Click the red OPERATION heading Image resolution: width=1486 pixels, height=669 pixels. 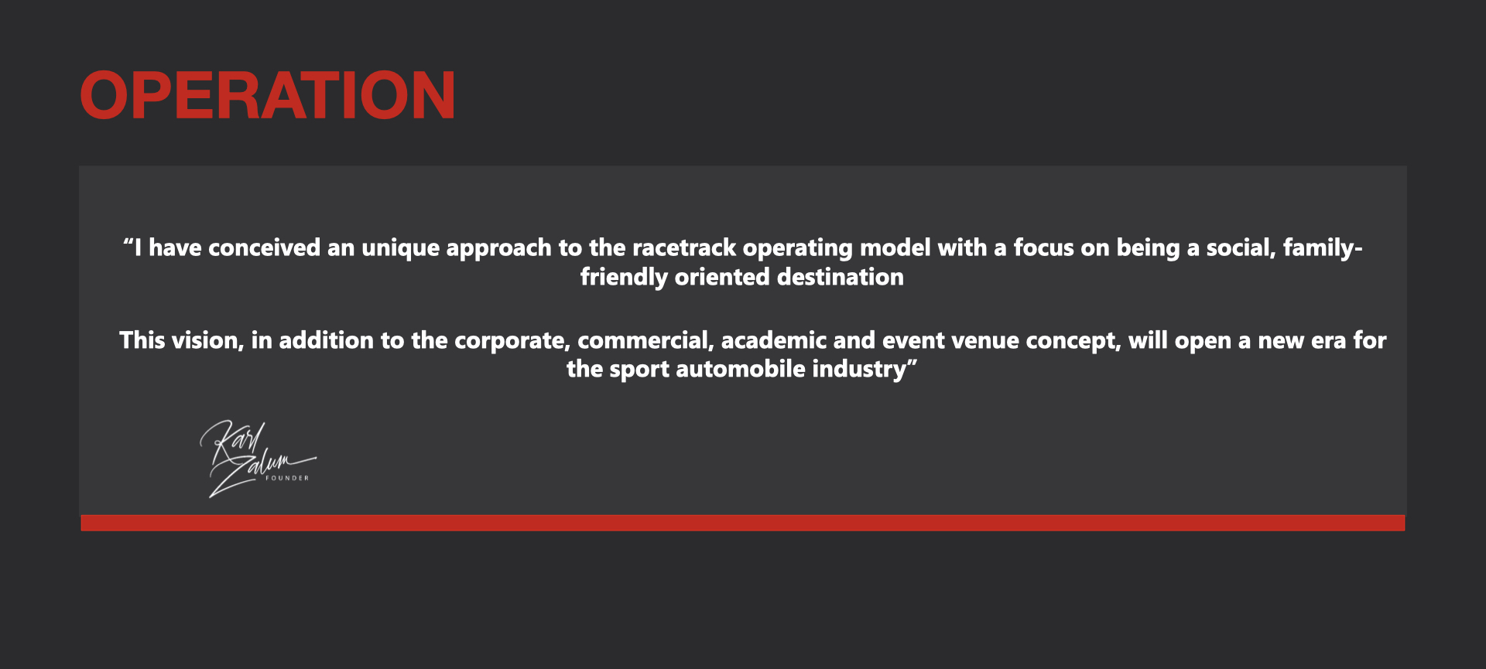tap(268, 95)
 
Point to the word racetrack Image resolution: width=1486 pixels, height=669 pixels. tap(684, 247)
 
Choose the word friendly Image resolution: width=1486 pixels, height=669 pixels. tap(624, 278)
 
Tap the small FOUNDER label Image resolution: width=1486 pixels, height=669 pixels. tap(287, 478)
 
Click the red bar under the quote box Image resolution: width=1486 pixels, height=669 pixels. tap(743, 523)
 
